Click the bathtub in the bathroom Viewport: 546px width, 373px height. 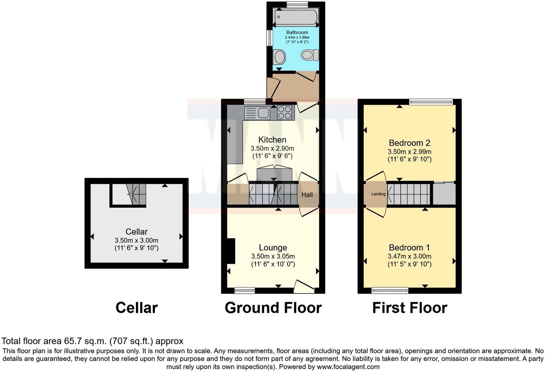tap(295, 17)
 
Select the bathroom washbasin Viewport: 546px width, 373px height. tap(279, 57)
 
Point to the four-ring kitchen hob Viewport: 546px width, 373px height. tap(284, 113)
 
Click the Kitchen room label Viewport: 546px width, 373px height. tap(272, 140)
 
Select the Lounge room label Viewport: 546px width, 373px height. tap(273, 247)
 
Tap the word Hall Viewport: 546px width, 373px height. tap(307, 195)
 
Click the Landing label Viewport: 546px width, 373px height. tap(378, 194)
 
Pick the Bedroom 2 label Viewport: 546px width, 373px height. tap(409, 142)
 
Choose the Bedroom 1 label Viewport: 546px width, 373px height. tap(409, 247)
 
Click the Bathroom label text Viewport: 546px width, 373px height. tap(297, 32)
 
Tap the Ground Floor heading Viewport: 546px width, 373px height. tap(273, 308)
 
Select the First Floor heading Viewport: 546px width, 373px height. tap(409, 308)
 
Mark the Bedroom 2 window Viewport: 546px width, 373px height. tap(431, 102)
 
